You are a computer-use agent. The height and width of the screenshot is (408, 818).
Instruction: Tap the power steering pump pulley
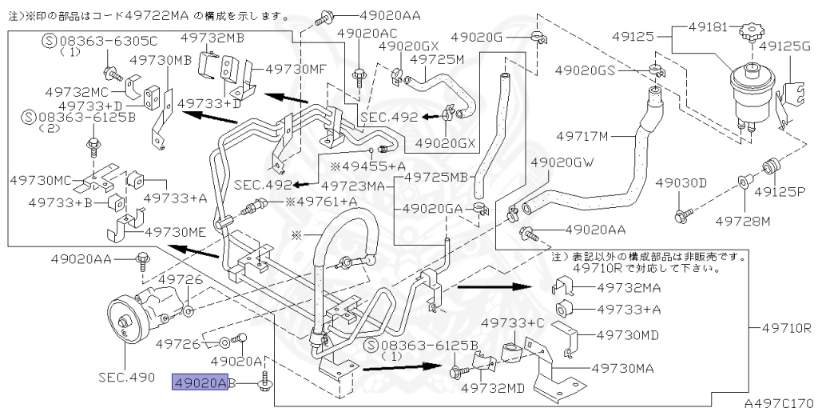[126, 322]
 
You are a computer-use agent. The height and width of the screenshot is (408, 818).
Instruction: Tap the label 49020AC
[367, 33]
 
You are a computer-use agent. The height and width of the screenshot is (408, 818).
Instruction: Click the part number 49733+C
[511, 323]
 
